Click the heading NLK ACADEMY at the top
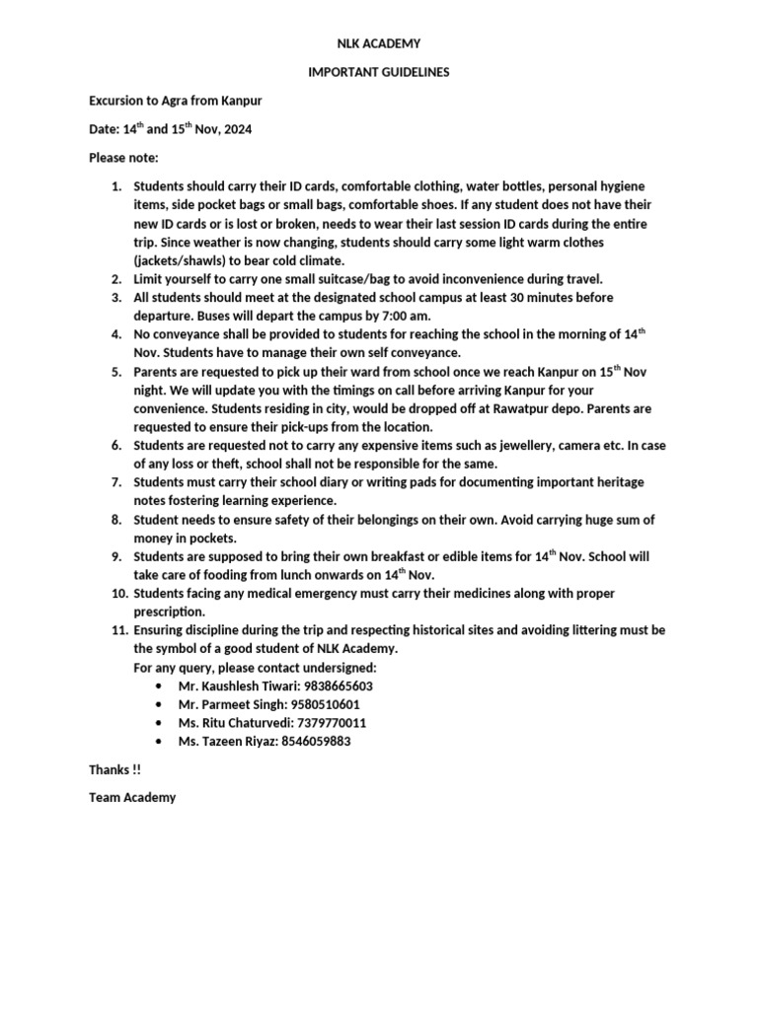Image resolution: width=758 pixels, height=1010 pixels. click(379, 43)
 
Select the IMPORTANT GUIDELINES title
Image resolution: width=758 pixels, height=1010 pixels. click(379, 72)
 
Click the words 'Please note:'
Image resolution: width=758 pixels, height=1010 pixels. click(123, 158)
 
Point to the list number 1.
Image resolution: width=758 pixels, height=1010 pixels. click(114, 186)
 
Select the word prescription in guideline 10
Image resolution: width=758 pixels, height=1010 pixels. click(169, 612)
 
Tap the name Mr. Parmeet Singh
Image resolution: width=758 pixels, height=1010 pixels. click(228, 704)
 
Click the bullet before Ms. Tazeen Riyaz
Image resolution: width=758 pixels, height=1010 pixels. click(160, 742)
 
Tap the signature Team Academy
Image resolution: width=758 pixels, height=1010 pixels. click(132, 798)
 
